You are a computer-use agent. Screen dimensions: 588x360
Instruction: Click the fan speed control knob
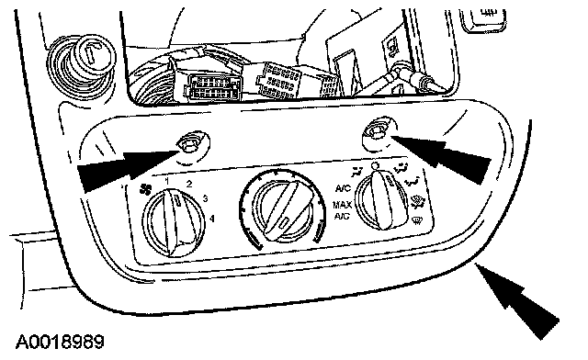coord(175,223)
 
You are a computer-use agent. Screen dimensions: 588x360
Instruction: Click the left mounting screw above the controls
coord(189,144)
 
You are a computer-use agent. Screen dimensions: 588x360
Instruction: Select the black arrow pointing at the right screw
coord(442,154)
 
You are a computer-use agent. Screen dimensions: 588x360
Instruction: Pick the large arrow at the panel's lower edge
coord(517,300)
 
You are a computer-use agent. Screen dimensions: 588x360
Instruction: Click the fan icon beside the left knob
coord(144,190)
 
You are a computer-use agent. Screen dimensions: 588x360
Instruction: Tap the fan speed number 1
coord(167,182)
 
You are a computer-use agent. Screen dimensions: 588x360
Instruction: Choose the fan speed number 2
coord(189,184)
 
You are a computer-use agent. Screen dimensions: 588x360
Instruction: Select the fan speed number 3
coord(205,198)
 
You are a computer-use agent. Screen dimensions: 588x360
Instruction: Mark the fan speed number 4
coord(212,218)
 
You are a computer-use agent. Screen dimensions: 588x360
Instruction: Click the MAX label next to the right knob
coord(342,205)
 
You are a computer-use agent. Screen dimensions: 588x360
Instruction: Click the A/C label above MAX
coord(343,188)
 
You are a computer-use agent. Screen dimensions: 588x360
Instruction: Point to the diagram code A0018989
coord(60,342)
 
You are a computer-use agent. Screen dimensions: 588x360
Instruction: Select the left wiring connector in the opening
coord(211,86)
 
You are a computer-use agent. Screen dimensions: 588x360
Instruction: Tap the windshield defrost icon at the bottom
coord(416,220)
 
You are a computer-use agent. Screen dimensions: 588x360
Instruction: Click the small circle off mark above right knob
coord(375,165)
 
